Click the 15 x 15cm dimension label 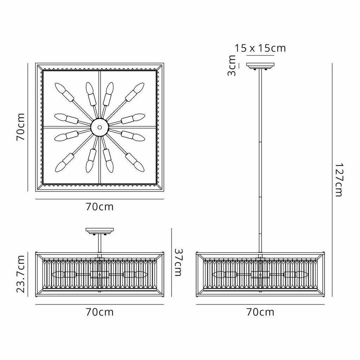[x=260, y=48]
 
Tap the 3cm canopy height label [x=231, y=65]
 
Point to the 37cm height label [x=178, y=262]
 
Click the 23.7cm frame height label [x=20, y=274]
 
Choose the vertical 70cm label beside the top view [x=20, y=127]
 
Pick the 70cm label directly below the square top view [x=99, y=207]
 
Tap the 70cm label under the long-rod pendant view [x=261, y=312]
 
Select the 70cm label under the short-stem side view [x=99, y=312]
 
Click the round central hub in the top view [x=99, y=127]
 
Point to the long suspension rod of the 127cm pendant [x=261, y=161]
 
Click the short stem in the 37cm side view [x=99, y=244]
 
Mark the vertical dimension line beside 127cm [x=332, y=180]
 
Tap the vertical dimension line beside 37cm [x=172, y=262]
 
